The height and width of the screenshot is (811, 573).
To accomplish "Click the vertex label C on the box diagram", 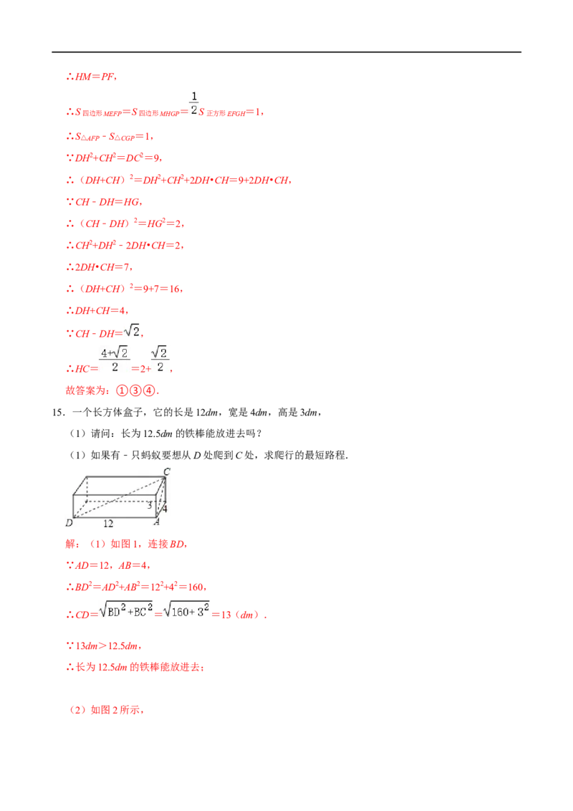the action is click(x=166, y=471).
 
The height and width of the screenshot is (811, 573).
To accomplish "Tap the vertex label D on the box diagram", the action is click(x=69, y=523).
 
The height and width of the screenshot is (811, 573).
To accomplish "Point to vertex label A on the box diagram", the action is click(x=157, y=522).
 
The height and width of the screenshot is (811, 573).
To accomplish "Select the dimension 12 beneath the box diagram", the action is click(x=108, y=524).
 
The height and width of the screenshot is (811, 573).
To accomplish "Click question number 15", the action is click(x=58, y=412).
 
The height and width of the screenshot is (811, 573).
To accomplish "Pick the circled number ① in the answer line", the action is click(x=122, y=390).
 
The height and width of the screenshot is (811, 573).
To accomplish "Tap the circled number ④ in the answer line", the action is click(x=149, y=390).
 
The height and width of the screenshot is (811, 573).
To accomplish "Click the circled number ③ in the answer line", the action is click(x=135, y=390).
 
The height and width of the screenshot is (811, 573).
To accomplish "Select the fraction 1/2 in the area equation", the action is click(x=194, y=103).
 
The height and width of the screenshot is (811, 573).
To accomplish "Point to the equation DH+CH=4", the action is click(x=97, y=311).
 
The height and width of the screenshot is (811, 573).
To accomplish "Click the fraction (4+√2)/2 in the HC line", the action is click(x=115, y=360).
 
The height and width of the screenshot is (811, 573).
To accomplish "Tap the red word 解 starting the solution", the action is click(x=71, y=544).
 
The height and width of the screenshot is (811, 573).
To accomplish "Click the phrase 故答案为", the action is click(x=85, y=390).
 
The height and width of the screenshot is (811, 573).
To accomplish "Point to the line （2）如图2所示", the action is click(x=106, y=709).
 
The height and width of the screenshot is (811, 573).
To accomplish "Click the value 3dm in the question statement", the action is click(x=309, y=412).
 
